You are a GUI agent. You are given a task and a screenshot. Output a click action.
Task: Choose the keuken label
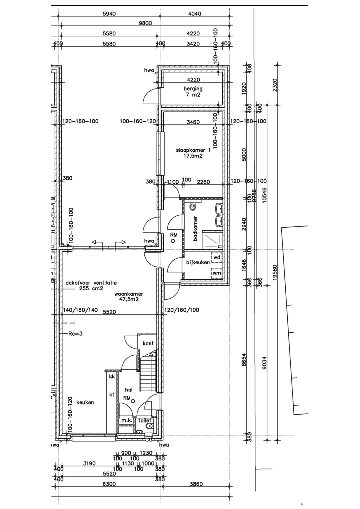click(x=86, y=402)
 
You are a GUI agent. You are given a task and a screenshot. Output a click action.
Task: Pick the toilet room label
click(x=145, y=421)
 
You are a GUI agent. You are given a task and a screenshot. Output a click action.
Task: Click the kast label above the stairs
click(x=148, y=344)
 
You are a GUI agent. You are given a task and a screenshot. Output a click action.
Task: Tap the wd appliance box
click(x=217, y=258)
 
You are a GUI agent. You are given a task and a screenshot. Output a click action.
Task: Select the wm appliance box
click(x=217, y=273)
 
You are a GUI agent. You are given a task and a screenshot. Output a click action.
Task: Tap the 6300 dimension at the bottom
click(x=109, y=484)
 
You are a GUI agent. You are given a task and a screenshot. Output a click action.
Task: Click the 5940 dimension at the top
click(x=109, y=14)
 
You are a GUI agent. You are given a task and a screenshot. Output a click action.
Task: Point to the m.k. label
click(x=126, y=421)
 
